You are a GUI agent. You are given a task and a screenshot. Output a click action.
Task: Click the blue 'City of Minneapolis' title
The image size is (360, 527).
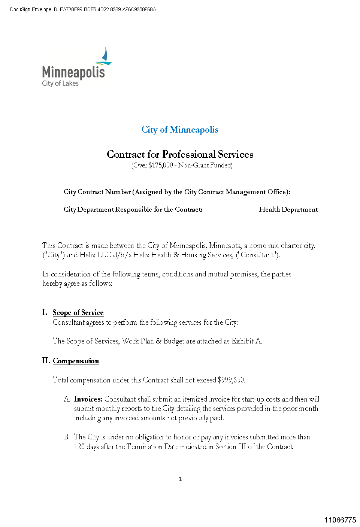[x=180, y=130]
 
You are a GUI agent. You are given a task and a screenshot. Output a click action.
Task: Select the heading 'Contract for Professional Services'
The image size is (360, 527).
[x=180, y=154]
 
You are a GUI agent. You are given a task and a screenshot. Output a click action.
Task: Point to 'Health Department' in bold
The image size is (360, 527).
[x=288, y=209]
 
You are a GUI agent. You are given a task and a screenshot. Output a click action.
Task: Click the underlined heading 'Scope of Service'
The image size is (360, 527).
[x=78, y=312]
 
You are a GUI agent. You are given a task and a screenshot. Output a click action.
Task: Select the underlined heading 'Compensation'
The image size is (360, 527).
[x=76, y=361]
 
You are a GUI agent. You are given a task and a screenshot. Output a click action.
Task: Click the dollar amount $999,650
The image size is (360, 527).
[x=231, y=380]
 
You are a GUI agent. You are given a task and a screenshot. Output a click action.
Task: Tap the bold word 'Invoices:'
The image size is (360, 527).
[x=88, y=399]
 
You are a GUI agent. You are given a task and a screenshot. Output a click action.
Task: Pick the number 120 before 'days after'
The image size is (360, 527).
[x=79, y=446]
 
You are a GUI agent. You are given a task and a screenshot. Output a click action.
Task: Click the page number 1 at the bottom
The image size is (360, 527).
[x=180, y=479]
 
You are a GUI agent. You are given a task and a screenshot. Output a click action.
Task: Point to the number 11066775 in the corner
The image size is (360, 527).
[x=340, y=520]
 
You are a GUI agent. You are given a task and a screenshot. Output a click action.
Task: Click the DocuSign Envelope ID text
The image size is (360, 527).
[x=83, y=9]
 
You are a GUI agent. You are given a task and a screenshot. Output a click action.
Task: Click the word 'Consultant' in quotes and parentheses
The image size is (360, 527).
[x=257, y=255]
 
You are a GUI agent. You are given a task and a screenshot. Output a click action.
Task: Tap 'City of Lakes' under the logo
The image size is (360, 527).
[x=60, y=83]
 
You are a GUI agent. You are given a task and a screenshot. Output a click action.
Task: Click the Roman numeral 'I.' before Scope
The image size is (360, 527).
[x=45, y=312]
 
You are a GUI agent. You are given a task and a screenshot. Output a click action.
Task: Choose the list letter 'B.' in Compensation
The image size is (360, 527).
[x=67, y=437]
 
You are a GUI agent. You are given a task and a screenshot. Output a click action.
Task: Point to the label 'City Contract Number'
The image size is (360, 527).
[x=97, y=192]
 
